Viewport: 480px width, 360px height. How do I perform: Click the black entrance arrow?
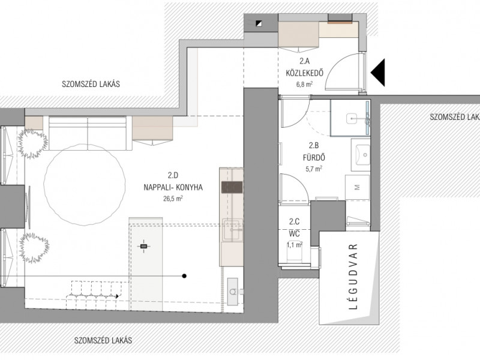click(378, 73)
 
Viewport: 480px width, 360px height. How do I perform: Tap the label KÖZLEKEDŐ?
click(305, 73)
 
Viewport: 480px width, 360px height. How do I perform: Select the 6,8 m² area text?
click(304, 84)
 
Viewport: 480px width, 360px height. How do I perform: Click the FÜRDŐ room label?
click(314, 158)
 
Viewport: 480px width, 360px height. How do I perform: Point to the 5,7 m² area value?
click(314, 169)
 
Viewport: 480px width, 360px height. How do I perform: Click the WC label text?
click(294, 234)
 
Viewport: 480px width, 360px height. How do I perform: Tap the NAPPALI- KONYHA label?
click(173, 187)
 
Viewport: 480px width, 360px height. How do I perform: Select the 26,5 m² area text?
click(173, 199)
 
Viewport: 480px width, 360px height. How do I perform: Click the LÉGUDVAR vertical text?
click(353, 277)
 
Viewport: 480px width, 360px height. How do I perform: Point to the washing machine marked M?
click(357, 187)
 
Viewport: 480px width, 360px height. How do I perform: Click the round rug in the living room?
click(85, 185)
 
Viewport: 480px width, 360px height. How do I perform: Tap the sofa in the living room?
click(88, 133)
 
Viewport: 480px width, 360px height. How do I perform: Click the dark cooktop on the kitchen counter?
click(232, 187)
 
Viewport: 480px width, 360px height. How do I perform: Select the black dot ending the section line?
click(184, 276)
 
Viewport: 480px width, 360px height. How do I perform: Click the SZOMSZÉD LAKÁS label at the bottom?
click(103, 340)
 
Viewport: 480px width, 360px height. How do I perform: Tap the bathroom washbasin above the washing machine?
click(361, 155)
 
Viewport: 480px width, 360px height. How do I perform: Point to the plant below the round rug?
click(34, 248)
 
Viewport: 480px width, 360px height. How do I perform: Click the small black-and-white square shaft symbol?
click(259, 23)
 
